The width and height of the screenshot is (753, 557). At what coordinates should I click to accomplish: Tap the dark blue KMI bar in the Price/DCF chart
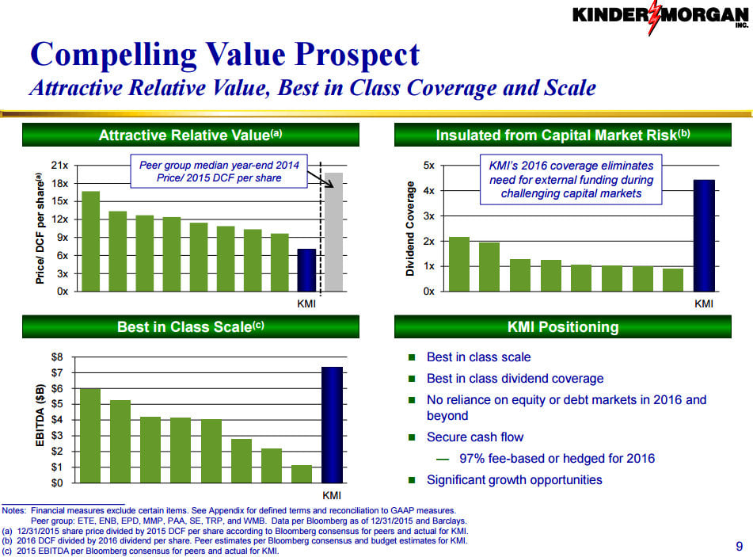click(306, 270)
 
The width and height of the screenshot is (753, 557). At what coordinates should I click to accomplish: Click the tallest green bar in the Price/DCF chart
click(91, 241)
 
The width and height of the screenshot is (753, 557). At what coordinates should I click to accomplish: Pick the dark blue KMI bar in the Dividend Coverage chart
click(703, 235)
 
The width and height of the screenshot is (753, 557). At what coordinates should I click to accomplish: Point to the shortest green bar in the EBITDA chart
click(301, 473)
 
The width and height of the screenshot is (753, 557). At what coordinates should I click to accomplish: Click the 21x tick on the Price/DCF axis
click(59, 166)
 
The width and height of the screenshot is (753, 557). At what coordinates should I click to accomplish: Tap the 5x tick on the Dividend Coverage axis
click(428, 166)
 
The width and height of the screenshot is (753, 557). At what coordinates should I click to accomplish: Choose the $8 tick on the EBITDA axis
click(56, 357)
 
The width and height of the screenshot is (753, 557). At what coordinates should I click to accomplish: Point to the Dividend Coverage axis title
click(410, 228)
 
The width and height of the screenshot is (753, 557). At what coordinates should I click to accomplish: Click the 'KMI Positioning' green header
click(562, 326)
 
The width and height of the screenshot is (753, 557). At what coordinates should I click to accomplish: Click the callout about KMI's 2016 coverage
click(571, 179)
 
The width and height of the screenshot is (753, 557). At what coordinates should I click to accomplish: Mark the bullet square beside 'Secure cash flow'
click(411, 437)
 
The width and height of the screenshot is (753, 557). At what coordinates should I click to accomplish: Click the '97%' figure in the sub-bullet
click(473, 459)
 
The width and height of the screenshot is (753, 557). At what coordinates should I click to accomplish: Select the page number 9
click(738, 545)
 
